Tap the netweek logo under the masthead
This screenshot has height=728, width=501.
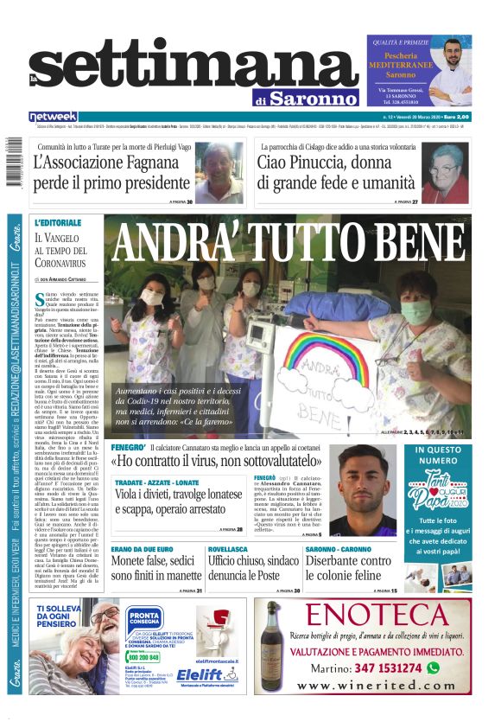(x=54, y=116)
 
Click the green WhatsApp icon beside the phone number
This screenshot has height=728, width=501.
(x=432, y=667)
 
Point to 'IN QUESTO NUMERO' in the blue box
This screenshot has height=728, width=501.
(x=443, y=456)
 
